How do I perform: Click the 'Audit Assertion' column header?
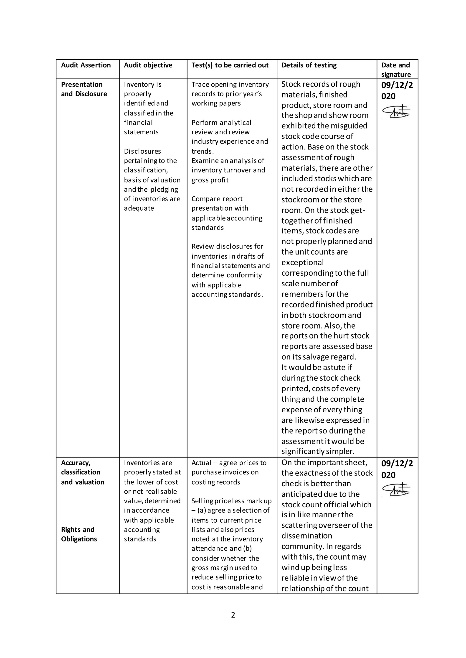click(86, 65)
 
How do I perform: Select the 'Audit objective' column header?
click(148, 65)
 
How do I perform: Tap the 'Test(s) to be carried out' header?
click(230, 65)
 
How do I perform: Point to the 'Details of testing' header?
click(309, 65)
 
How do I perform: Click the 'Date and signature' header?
click(396, 70)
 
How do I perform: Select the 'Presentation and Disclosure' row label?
click(84, 89)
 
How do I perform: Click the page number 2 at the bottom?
click(233, 615)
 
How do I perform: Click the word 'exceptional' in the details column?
click(302, 262)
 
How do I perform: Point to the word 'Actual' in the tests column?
click(201, 463)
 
